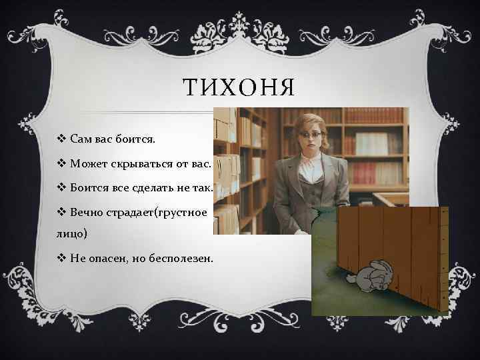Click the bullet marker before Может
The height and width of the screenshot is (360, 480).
pos(62,164)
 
